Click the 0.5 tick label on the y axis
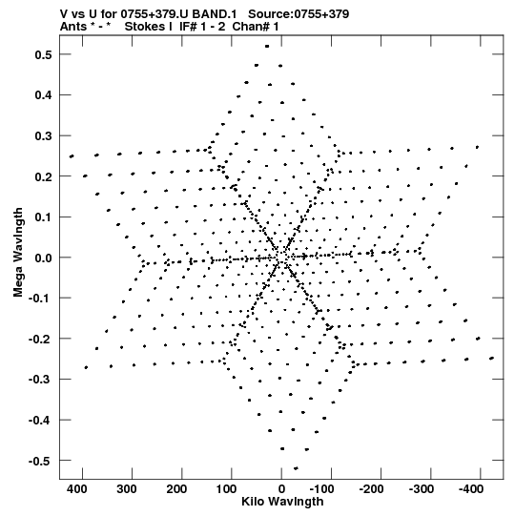(x=43, y=54)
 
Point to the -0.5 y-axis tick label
(x=40, y=461)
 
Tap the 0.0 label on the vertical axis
(x=43, y=258)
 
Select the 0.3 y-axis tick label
(x=43, y=135)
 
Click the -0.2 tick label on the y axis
(x=40, y=339)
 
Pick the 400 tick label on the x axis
(x=77, y=489)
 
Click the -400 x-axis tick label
(x=471, y=489)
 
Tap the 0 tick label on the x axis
(x=281, y=489)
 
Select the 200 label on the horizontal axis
(x=176, y=489)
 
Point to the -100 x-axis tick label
(x=321, y=489)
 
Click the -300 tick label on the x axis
(x=422, y=489)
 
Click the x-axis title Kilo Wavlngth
(x=282, y=502)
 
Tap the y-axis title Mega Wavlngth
(x=18, y=253)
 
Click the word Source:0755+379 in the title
(x=299, y=14)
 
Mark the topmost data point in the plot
(x=267, y=47)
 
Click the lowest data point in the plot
(x=296, y=468)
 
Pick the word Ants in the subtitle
(x=73, y=27)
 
